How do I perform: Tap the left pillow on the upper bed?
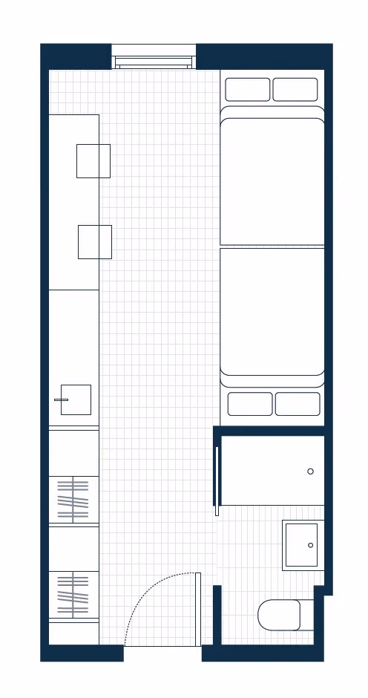click(248, 89)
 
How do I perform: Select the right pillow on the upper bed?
click(295, 89)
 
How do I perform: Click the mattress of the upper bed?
click(272, 178)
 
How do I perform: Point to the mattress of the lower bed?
click(272, 312)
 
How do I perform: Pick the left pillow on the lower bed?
click(250, 404)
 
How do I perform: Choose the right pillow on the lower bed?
click(298, 404)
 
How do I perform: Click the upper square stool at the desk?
click(93, 161)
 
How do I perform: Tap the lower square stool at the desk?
click(95, 242)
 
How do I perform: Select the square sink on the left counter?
click(76, 399)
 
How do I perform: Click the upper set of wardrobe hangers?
click(73, 500)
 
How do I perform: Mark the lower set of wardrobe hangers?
click(73, 594)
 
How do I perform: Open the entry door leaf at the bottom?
click(198, 609)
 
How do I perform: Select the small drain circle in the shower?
click(310, 472)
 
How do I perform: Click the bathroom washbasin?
click(301, 545)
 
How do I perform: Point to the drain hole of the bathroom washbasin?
click(311, 545)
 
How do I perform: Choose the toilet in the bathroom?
click(280, 615)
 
